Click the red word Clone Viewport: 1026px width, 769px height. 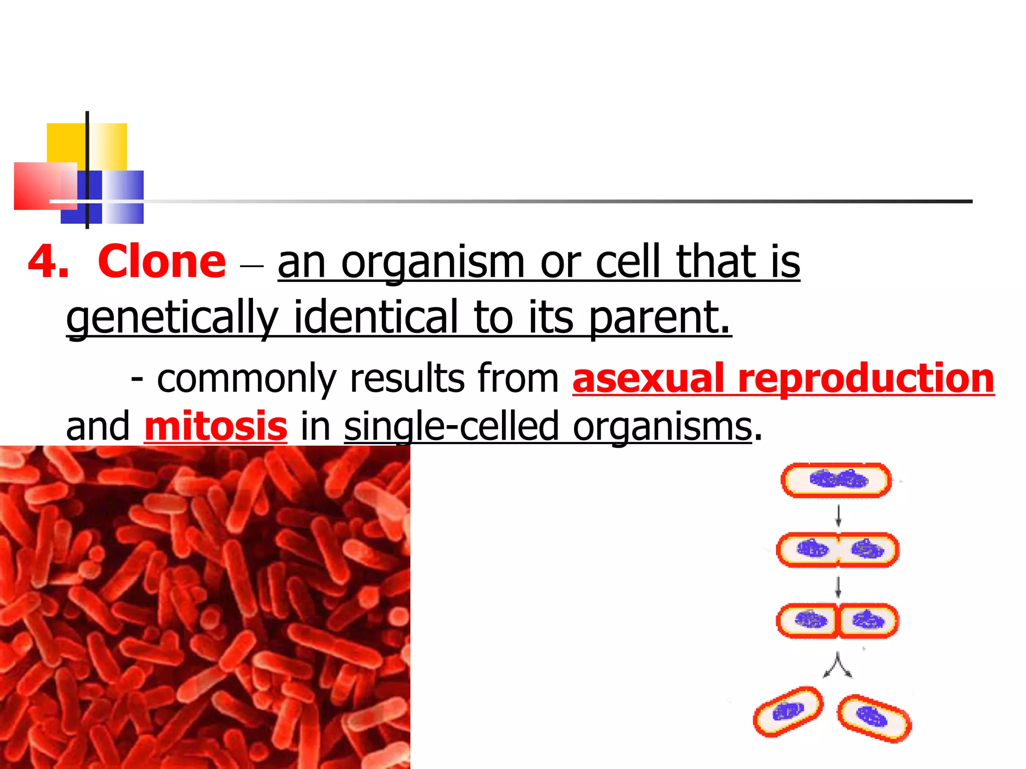point(161,261)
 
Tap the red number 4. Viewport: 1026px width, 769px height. point(48,262)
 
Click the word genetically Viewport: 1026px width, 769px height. point(172,317)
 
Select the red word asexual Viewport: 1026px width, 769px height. point(648,378)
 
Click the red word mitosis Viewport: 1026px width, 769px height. point(215,426)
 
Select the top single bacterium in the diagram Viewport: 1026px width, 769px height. point(836,480)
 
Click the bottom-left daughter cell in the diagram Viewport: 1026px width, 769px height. point(788,711)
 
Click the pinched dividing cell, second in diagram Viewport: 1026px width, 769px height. point(838,550)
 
